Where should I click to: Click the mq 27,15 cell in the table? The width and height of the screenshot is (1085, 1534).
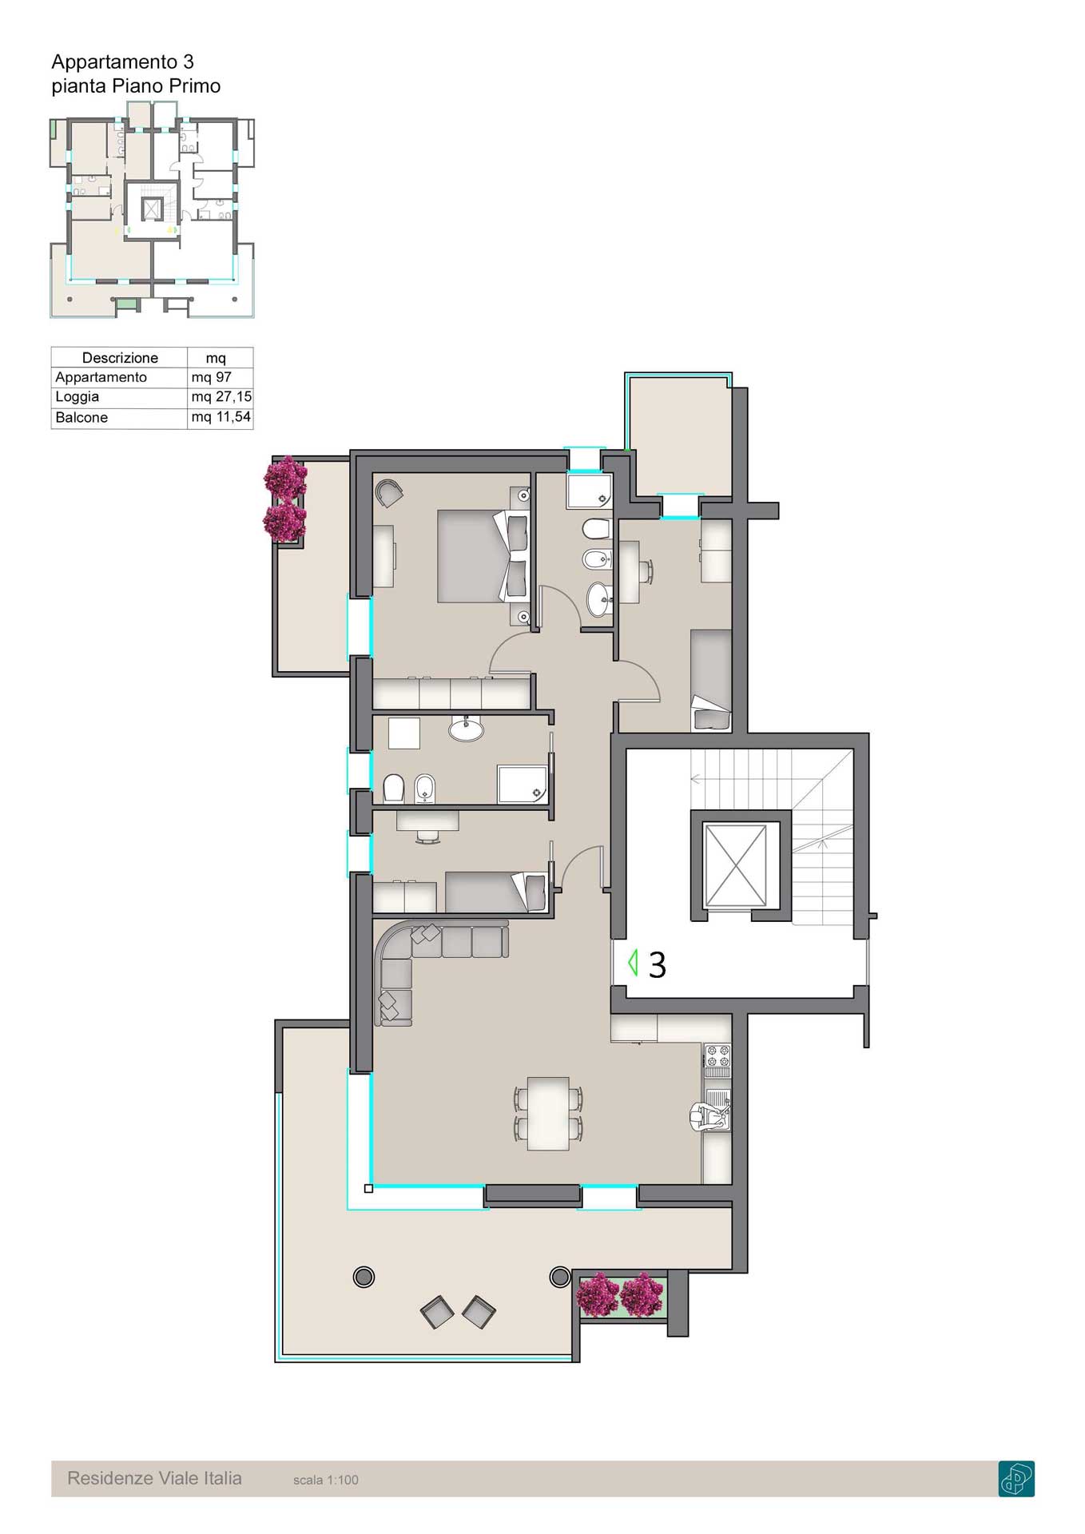pyautogui.click(x=221, y=397)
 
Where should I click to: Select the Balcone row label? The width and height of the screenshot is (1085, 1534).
pyautogui.click(x=81, y=418)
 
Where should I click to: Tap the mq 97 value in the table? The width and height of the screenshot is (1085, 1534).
pyautogui.click(x=211, y=377)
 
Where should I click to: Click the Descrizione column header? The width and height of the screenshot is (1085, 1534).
pyautogui.click(x=120, y=358)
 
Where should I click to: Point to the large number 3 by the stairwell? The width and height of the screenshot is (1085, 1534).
pyautogui.click(x=657, y=965)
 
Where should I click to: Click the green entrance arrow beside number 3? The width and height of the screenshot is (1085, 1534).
pyautogui.click(x=633, y=962)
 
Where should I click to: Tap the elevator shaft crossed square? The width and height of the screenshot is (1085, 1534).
pyautogui.click(x=736, y=866)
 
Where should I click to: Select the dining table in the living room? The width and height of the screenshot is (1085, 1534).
pyautogui.click(x=548, y=1113)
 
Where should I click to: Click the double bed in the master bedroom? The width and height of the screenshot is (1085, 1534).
pyautogui.click(x=483, y=556)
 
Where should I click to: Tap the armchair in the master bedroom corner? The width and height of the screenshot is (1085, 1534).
pyautogui.click(x=389, y=493)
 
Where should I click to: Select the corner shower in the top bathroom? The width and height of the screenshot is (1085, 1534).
pyautogui.click(x=589, y=491)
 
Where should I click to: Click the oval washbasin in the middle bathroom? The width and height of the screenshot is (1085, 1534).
pyautogui.click(x=466, y=729)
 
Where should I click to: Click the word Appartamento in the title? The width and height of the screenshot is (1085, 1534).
pyautogui.click(x=114, y=62)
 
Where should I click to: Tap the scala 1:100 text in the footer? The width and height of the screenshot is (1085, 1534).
pyautogui.click(x=326, y=1480)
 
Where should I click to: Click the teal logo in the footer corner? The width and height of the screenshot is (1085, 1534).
pyautogui.click(x=1016, y=1478)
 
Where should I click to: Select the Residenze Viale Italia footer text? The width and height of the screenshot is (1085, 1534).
pyautogui.click(x=154, y=1478)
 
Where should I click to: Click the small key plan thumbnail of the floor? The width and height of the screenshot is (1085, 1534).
pyautogui.click(x=152, y=217)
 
